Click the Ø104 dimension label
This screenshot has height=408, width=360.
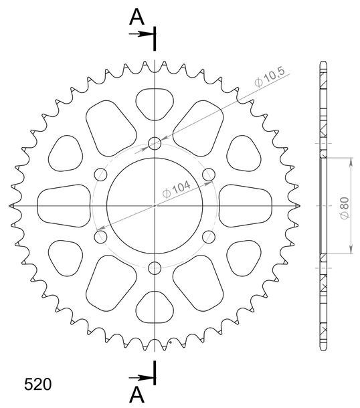176,189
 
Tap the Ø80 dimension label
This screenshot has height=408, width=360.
345,208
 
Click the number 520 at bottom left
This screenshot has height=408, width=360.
37,385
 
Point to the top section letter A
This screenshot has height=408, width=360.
137,17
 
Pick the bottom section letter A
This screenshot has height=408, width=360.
137,394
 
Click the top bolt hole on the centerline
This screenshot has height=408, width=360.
155,143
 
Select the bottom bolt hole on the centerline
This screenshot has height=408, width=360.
155,268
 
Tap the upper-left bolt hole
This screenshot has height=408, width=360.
100,175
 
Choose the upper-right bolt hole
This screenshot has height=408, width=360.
209,175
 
